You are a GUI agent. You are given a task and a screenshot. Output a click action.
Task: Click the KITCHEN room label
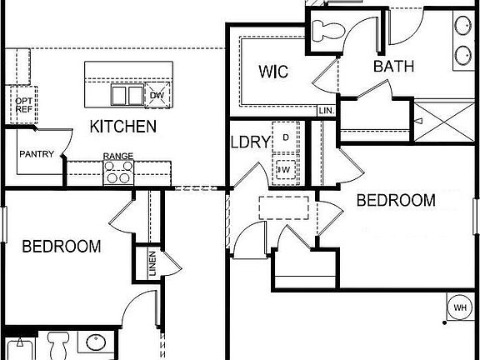click(x=123, y=127)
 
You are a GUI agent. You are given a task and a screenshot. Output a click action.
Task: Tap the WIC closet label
click(x=272, y=72)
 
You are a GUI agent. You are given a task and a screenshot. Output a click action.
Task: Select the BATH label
click(x=394, y=67)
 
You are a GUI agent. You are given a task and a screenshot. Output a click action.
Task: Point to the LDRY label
click(x=250, y=142)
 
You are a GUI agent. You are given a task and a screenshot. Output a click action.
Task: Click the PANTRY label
click(x=37, y=154)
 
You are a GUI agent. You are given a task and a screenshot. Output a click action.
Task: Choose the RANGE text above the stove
click(x=118, y=156)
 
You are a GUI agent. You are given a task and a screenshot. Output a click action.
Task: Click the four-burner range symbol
click(x=118, y=172)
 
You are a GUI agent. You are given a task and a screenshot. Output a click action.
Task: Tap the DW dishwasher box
click(x=157, y=96)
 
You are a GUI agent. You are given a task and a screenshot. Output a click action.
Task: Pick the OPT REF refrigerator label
click(x=22, y=105)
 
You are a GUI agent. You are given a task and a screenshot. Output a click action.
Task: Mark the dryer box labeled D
click(x=286, y=137)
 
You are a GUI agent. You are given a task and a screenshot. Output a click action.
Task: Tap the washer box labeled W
click(x=286, y=171)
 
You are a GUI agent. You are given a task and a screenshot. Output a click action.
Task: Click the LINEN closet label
click(x=153, y=264)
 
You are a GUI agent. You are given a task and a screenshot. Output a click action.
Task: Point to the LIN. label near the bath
click(x=326, y=110)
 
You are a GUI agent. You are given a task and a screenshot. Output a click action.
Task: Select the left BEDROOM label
click(x=62, y=247)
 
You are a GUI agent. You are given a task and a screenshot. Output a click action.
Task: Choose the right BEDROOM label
click(x=396, y=200)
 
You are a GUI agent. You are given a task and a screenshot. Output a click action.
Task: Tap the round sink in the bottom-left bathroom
click(x=94, y=343)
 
